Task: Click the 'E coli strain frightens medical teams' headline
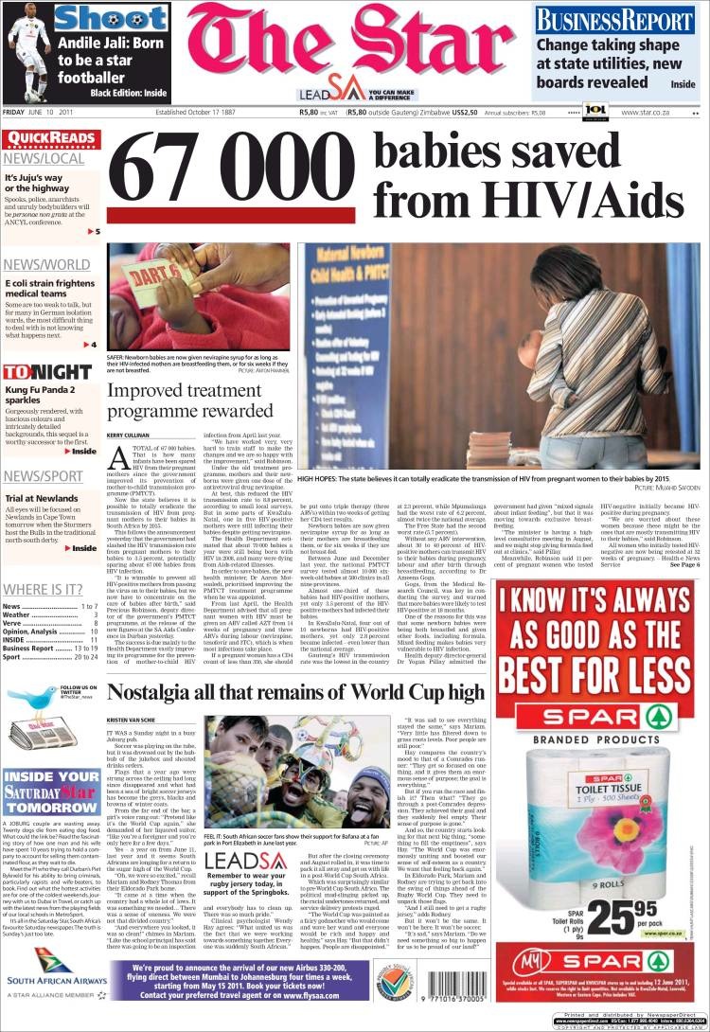coord(49,289)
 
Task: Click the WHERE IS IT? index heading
coord(43,591)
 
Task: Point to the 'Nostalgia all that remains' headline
coord(296,693)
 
